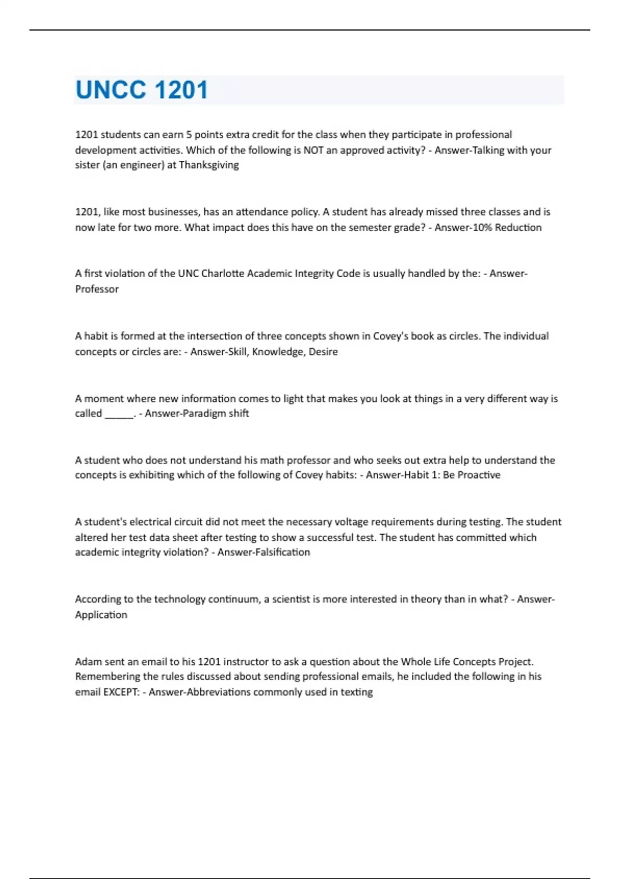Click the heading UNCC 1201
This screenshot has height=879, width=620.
(142, 90)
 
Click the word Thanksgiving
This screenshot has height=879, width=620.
(209, 165)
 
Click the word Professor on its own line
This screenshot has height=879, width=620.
(97, 289)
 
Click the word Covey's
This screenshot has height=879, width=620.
(391, 336)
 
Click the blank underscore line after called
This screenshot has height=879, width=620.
(119, 414)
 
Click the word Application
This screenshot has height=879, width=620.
(101, 615)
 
